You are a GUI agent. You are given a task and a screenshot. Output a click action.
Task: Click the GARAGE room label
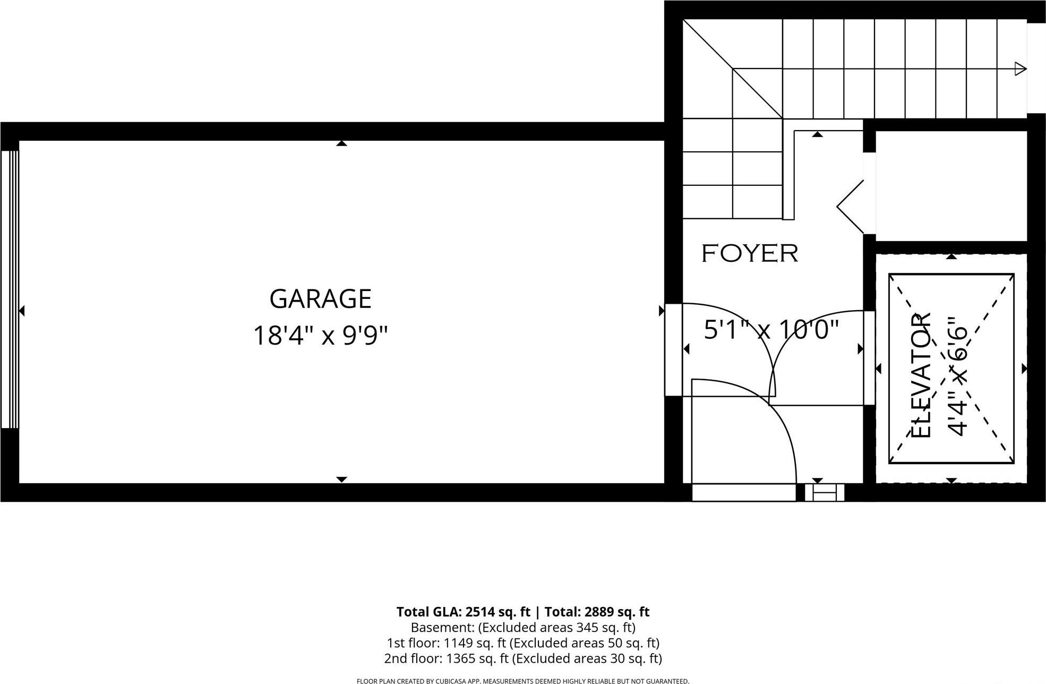click(x=320, y=299)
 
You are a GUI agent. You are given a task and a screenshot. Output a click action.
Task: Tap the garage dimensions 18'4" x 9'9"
click(x=320, y=336)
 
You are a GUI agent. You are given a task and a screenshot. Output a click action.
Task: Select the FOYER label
click(x=750, y=253)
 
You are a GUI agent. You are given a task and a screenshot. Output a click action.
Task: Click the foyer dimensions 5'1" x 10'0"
click(x=771, y=330)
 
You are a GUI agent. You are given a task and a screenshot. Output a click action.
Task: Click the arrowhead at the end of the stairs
click(x=1020, y=69)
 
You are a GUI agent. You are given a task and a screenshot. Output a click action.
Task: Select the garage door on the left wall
click(x=10, y=289)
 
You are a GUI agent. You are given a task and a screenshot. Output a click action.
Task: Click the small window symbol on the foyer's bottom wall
click(x=824, y=492)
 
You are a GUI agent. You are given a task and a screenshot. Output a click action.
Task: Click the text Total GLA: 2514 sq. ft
click(x=463, y=612)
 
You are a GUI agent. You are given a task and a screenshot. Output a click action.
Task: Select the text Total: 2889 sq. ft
click(x=597, y=612)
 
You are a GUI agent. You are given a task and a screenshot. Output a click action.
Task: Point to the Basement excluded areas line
click(x=523, y=627)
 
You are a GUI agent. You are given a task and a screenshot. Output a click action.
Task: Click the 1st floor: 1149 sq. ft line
click(x=523, y=643)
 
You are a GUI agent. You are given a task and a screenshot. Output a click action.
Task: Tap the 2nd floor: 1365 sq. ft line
click(x=523, y=659)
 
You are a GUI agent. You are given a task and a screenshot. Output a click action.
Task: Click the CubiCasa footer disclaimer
click(x=523, y=681)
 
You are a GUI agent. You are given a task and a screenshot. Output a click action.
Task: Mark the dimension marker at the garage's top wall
click(x=341, y=143)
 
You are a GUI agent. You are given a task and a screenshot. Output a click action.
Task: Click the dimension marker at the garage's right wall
click(x=661, y=311)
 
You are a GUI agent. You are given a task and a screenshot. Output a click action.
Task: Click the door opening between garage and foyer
click(x=673, y=349)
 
